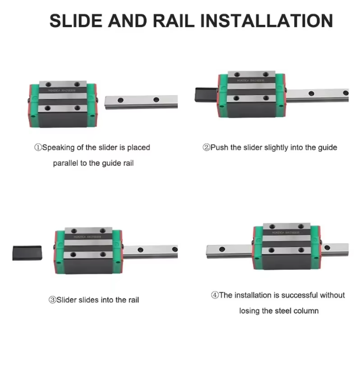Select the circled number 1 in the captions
tap(38, 147)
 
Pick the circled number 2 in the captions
tap(206, 147)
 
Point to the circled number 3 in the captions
tap(52, 300)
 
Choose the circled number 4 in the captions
tap(215, 295)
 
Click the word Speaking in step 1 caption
tap(58, 147)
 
